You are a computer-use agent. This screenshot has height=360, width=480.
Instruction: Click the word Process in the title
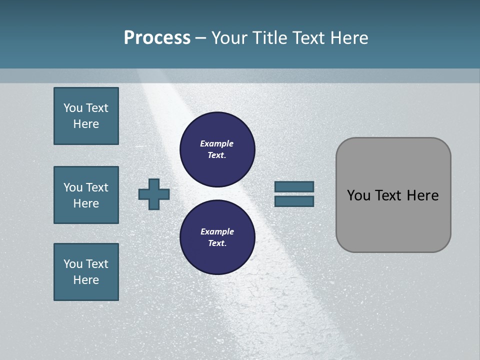157,38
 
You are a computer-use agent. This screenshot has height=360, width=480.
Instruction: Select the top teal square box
86,116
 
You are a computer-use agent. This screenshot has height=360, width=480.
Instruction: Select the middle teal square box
86,195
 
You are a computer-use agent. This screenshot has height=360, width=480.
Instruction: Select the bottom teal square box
86,272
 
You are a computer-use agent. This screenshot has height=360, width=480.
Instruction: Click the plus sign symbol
154,194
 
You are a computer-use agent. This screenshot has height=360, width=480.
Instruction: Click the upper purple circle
217,149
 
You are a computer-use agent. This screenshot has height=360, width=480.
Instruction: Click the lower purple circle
217,237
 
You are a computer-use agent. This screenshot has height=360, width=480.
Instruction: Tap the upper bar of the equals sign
294,186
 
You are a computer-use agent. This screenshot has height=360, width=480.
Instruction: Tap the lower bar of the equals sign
294,201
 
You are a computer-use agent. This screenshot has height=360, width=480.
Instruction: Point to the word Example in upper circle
217,143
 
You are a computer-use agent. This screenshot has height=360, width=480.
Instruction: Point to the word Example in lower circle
217,231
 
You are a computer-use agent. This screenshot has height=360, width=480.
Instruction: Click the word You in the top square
72,108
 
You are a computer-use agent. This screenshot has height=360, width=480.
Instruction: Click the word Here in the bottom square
86,280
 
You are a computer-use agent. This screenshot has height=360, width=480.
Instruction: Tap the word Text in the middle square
97,187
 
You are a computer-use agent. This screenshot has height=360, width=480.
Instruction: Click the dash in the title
201,38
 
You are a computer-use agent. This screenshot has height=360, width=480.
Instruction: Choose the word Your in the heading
229,38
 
